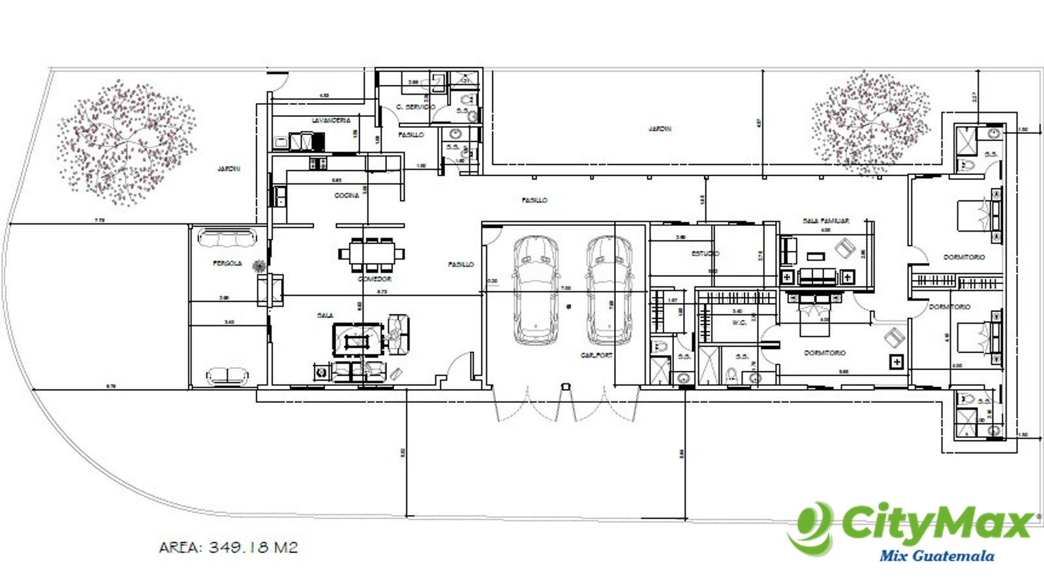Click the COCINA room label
(x=346, y=195)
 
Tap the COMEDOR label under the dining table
(x=375, y=279)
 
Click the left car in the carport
(x=536, y=289)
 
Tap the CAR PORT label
(x=596, y=356)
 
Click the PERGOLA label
(x=227, y=264)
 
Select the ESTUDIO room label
(x=705, y=253)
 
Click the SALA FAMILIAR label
(x=825, y=221)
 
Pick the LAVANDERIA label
(x=331, y=121)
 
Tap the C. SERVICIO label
(x=416, y=106)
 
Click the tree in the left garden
(x=125, y=142)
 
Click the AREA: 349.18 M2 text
(x=228, y=547)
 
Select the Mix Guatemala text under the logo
(x=937, y=556)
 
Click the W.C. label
(x=739, y=322)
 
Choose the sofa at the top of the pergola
(x=226, y=238)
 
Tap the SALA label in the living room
(x=325, y=315)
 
